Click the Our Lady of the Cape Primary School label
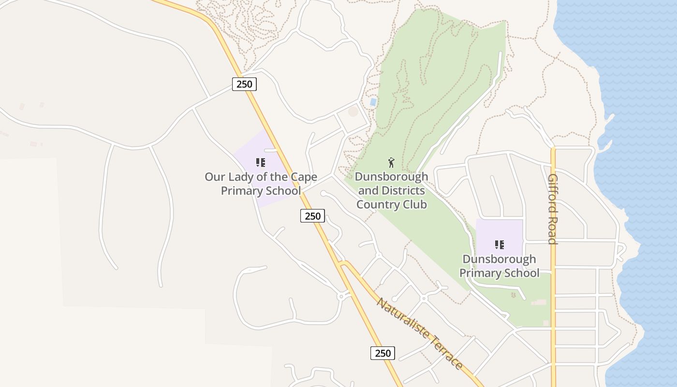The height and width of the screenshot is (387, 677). (261, 184)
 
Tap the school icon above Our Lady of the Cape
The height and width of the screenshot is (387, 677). (261, 163)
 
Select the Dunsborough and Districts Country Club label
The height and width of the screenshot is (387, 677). (392, 191)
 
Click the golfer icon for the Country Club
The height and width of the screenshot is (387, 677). (392, 163)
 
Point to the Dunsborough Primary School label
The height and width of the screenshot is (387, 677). (499, 266)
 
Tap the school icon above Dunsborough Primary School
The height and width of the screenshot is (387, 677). (500, 245)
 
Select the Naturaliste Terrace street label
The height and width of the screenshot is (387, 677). (420, 334)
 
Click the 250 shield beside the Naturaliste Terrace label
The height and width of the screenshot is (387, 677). (383, 353)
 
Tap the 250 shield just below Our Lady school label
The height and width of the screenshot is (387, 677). (312, 216)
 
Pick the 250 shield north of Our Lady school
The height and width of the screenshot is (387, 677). (244, 84)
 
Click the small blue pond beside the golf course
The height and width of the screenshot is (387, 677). (373, 102)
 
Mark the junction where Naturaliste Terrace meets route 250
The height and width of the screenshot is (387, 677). (342, 264)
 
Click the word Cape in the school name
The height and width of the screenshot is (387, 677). (304, 177)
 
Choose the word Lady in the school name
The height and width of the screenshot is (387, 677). (243, 177)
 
